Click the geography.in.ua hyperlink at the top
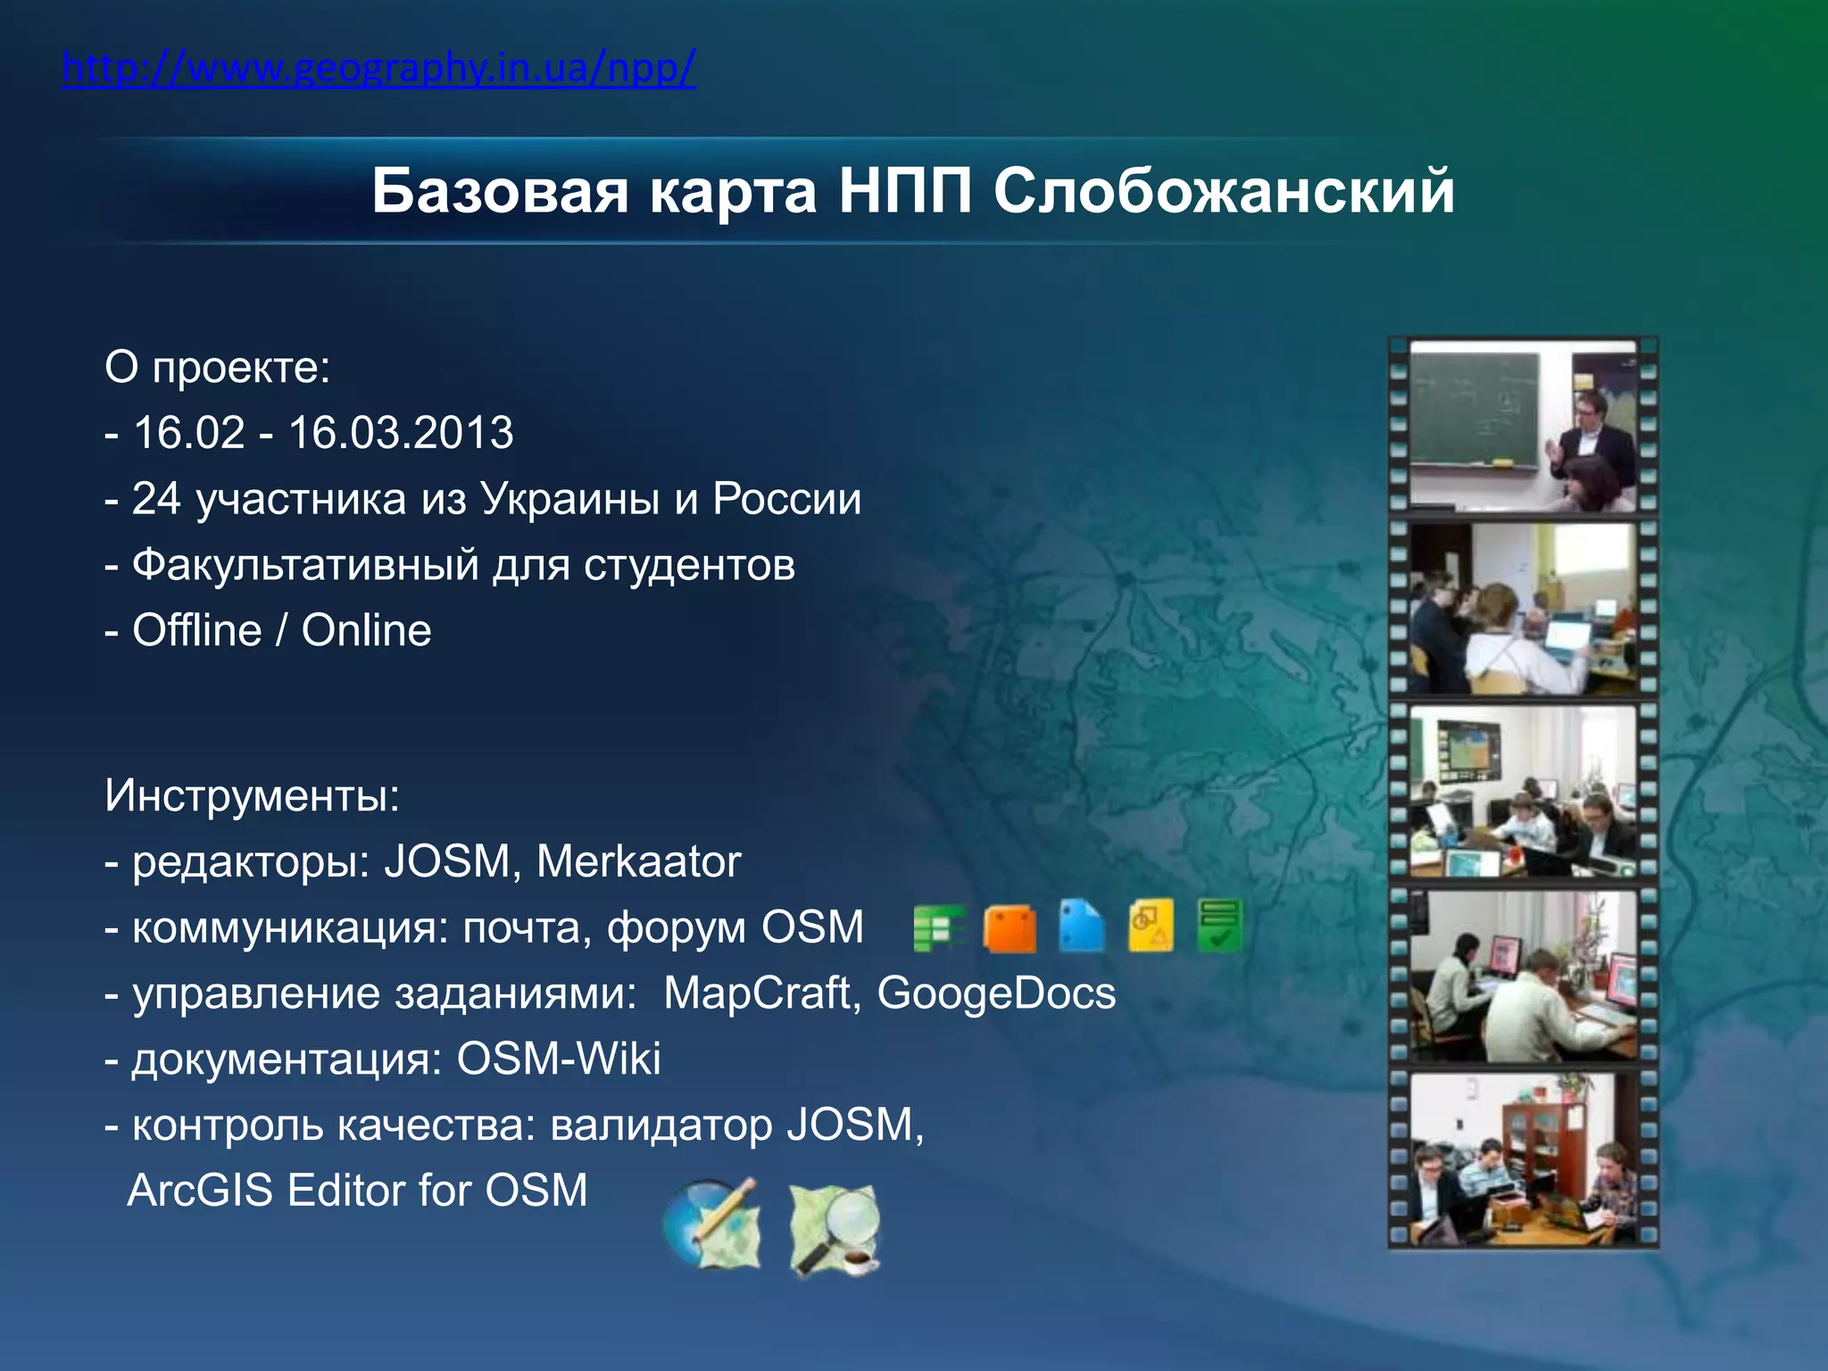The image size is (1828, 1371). tap(378, 68)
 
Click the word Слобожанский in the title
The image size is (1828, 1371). tap(1224, 191)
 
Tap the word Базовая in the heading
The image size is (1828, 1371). tap(500, 191)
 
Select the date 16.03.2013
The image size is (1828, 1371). tap(401, 433)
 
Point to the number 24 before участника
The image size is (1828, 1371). tap(156, 499)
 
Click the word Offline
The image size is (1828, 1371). tap(197, 630)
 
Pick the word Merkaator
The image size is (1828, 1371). tap(638, 862)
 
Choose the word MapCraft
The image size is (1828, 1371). tap(757, 993)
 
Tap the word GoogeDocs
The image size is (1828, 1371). tap(996, 993)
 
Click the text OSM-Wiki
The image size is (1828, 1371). tap(559, 1059)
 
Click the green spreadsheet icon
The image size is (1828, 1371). tap(937, 928)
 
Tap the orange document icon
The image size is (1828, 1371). tap(1010, 928)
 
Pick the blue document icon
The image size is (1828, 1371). tap(1081, 926)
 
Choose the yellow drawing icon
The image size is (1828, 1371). tap(1151, 926)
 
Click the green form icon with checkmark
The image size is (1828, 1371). tap(1219, 926)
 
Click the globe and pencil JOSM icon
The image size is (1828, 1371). tap(711, 1224)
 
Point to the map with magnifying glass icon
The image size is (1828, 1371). tap(835, 1229)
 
